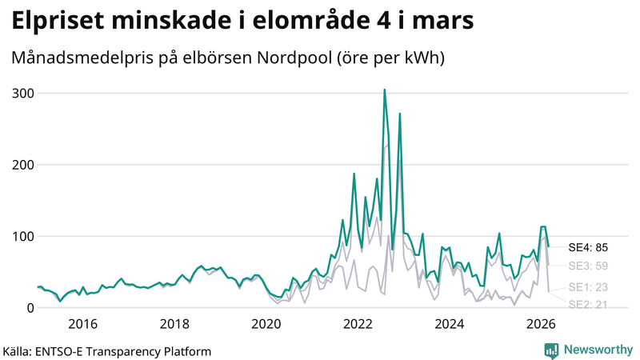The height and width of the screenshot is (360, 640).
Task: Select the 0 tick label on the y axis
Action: click(x=29, y=308)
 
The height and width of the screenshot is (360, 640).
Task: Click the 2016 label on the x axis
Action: click(x=82, y=324)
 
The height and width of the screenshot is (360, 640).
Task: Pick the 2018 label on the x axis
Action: click(x=174, y=324)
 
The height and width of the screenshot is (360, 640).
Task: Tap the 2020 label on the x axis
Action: click(x=266, y=324)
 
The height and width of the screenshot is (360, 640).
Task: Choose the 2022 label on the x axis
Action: click(x=358, y=324)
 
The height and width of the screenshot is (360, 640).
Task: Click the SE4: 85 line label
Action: click(x=589, y=247)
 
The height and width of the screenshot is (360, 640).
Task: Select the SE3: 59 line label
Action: click(x=589, y=266)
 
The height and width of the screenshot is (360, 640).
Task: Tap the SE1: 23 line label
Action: click(x=589, y=287)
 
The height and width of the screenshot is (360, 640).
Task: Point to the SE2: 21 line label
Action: click(x=589, y=304)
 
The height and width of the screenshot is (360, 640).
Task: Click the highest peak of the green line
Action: click(x=384, y=90)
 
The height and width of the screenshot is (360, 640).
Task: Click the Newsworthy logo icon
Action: click(x=551, y=350)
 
